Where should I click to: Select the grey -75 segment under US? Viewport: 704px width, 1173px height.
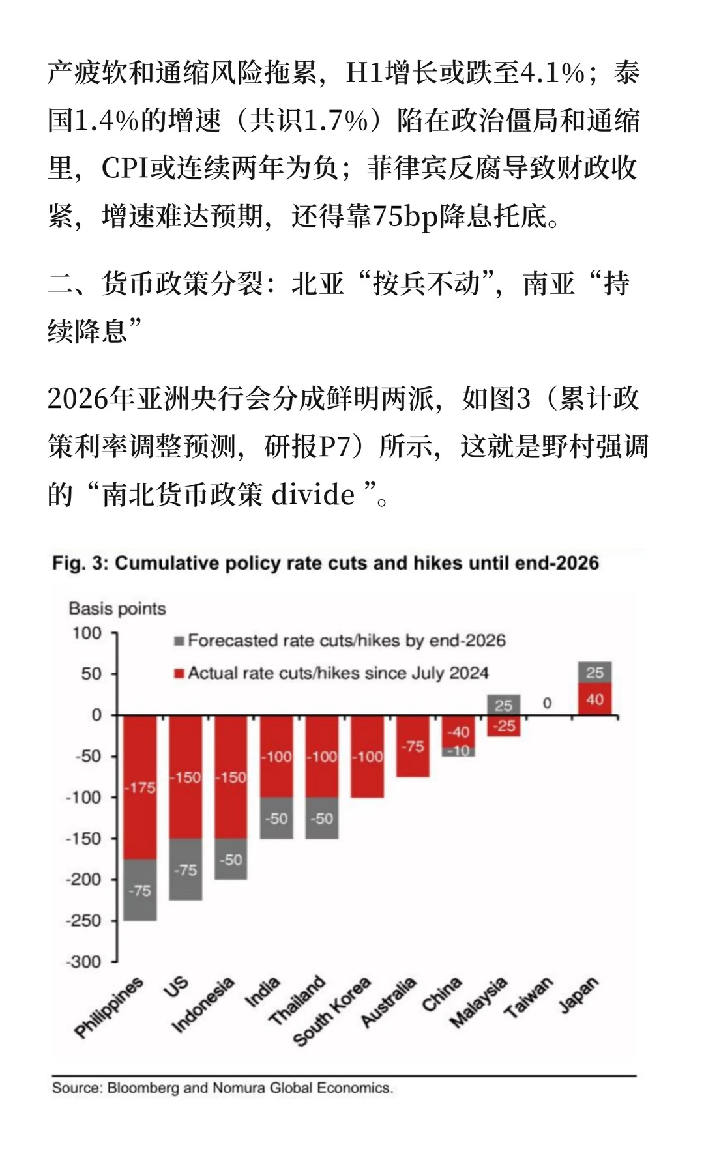[x=186, y=869]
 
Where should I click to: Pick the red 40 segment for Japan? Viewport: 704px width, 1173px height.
[x=594, y=699]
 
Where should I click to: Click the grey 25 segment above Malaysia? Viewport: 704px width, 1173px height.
[x=504, y=704]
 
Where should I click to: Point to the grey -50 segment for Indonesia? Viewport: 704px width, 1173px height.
[x=231, y=860]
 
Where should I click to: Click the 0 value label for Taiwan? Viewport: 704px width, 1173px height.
[x=547, y=703]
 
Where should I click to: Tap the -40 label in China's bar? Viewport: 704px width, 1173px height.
[x=458, y=732]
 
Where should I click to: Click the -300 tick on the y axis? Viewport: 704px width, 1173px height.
[x=84, y=962]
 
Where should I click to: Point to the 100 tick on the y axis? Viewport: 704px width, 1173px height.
[x=87, y=633]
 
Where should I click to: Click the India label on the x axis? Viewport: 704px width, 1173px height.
[x=262, y=992]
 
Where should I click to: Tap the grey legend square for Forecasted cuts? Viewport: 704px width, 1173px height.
[x=179, y=641]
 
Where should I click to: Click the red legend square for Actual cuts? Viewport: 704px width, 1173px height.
[x=179, y=673]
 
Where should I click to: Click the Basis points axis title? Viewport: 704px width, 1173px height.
[x=117, y=609]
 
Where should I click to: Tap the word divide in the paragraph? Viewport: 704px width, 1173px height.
[x=313, y=495]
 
